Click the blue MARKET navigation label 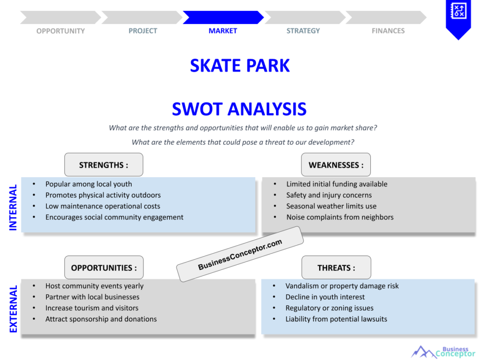click(x=223, y=31)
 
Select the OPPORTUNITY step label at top click(x=60, y=31)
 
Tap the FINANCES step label click(x=388, y=31)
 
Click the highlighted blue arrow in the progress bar click(x=223, y=17)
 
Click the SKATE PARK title click(x=240, y=66)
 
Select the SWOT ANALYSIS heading click(x=239, y=109)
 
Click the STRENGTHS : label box click(x=104, y=165)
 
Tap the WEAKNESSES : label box click(x=336, y=165)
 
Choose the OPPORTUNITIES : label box click(x=104, y=268)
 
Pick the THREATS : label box click(x=336, y=268)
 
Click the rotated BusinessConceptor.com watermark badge click(x=240, y=254)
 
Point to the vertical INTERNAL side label click(x=13, y=207)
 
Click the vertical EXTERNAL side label click(x=13, y=309)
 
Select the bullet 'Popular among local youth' click(x=89, y=184)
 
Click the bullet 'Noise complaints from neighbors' click(x=340, y=217)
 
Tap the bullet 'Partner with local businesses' click(x=92, y=297)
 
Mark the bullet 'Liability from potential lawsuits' click(x=336, y=319)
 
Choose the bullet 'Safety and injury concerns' click(x=329, y=195)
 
